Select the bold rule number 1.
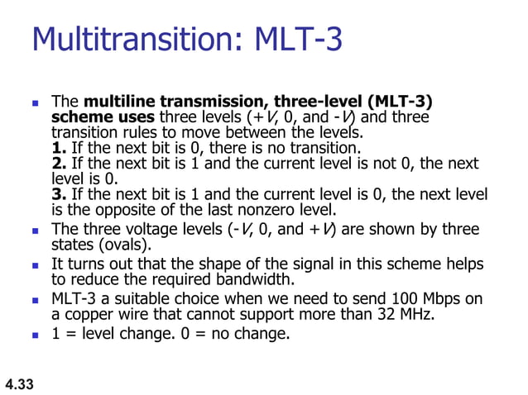[58, 148]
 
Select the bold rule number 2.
[58, 164]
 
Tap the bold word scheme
[79, 117]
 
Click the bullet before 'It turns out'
[35, 264]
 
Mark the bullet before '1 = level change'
[35, 335]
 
